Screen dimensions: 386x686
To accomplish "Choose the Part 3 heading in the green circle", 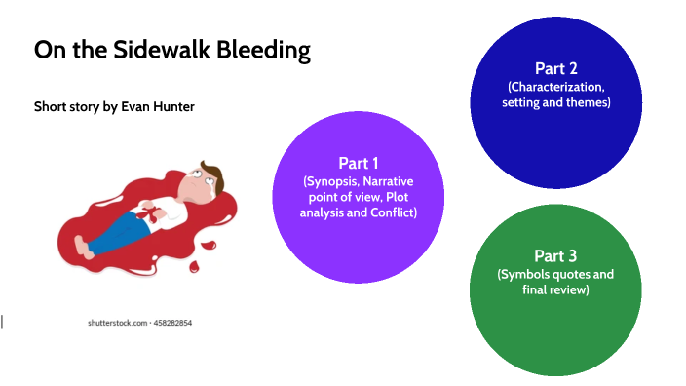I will [555, 256].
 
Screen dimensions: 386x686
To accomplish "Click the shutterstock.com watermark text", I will [116, 322].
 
